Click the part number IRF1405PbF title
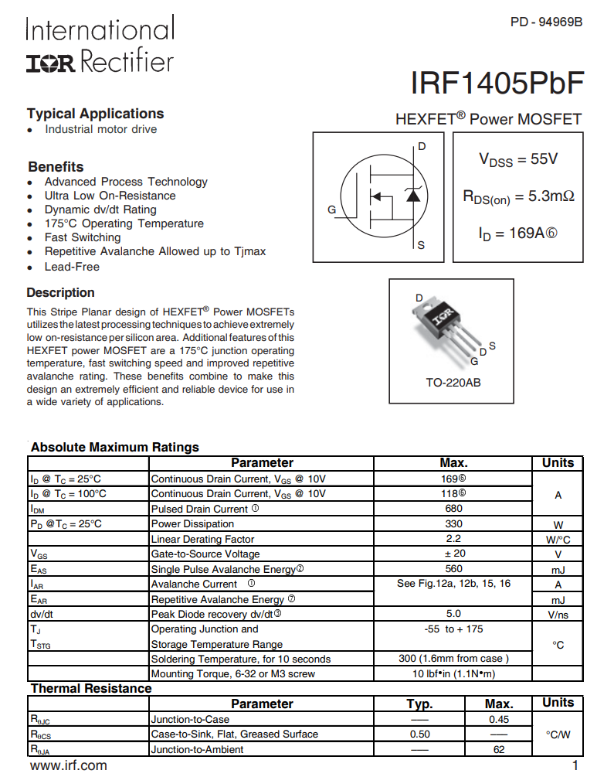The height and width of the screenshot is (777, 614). (497, 83)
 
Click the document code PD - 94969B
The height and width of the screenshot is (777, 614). (546, 22)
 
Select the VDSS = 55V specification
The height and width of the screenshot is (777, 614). (518, 159)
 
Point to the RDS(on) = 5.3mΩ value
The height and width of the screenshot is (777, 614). (518, 196)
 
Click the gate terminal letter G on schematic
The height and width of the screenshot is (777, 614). (331, 210)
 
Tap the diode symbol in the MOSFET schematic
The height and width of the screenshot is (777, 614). (413, 195)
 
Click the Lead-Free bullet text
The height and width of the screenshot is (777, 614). (72, 267)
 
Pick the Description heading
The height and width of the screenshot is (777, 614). (60, 293)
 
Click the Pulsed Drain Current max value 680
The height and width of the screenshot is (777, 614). (453, 509)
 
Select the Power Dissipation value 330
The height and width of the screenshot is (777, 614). (453, 523)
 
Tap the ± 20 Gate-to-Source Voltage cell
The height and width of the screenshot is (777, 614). (453, 554)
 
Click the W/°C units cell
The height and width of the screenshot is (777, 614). (558, 539)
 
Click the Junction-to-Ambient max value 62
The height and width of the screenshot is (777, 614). (498, 749)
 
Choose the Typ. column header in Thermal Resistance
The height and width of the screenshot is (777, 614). (419, 704)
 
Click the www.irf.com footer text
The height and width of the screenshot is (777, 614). (68, 765)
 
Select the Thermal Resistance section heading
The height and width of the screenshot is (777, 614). (91, 688)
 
